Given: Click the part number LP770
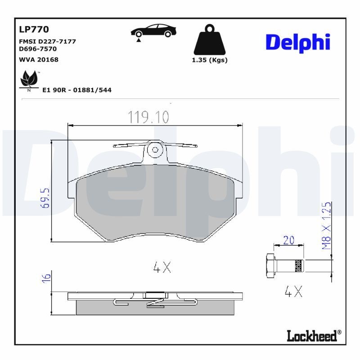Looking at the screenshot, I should point(34,30).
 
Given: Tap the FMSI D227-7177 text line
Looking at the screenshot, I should point(47,41).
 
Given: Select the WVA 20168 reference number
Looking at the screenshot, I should point(38,59).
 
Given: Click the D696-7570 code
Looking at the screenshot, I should point(38,49).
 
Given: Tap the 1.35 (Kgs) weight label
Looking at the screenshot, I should point(210,60).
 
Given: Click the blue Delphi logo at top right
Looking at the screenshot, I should point(298,42).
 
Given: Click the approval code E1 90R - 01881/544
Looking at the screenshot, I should point(76,90).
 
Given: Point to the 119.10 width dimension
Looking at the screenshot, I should point(148,117).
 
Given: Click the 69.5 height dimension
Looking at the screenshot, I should point(45,198).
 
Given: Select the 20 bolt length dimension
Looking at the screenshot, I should point(288,240).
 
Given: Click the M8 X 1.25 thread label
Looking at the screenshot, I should point(327,226).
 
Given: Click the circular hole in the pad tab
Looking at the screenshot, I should point(155,149).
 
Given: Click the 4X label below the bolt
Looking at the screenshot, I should point(294,292).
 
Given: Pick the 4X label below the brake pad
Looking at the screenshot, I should point(162,268).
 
